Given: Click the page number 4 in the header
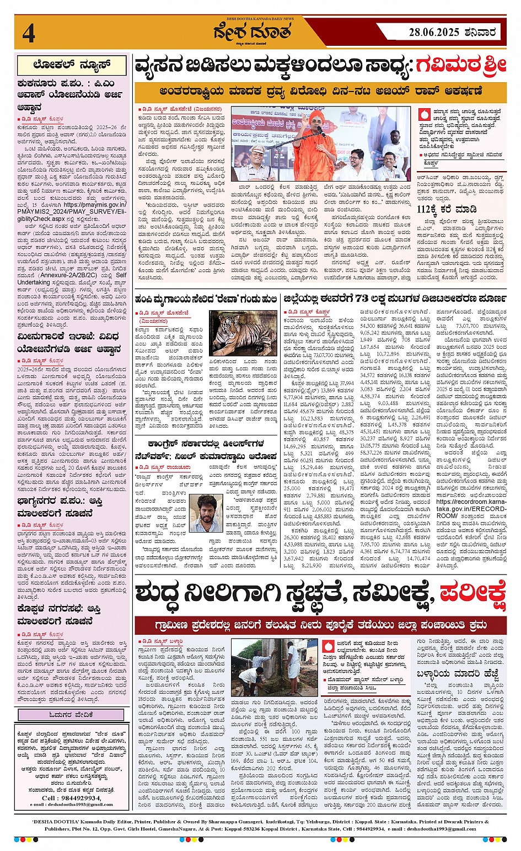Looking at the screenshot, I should [29, 33].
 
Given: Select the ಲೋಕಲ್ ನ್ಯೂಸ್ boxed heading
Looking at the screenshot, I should [72, 65].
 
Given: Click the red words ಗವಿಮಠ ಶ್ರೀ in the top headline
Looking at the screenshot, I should [461, 66].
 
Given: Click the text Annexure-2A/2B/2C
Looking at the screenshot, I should [69, 274].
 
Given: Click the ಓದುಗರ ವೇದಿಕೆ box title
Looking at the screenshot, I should [72, 715].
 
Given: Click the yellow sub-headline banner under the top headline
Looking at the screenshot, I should [320, 91].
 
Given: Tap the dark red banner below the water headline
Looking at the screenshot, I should [320, 625].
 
